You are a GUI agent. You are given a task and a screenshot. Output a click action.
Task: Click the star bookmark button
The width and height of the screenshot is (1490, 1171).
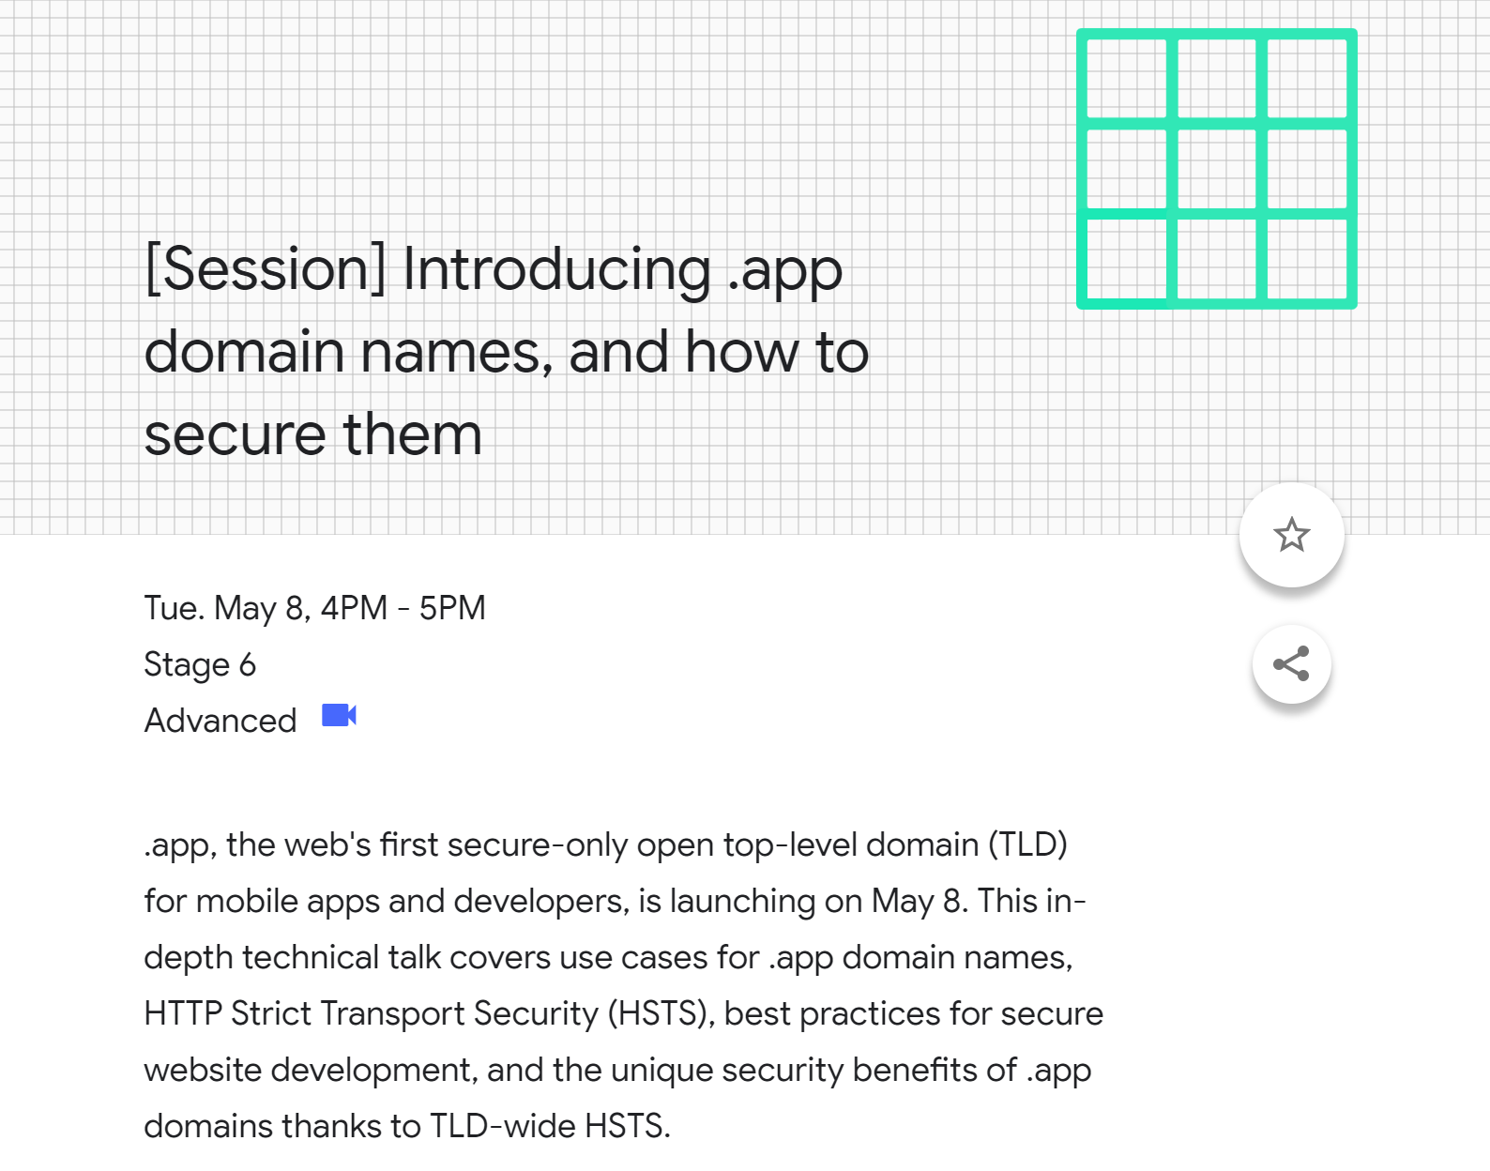coord(1291,535)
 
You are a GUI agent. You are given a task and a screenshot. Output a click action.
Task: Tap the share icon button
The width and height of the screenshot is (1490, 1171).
coord(1291,663)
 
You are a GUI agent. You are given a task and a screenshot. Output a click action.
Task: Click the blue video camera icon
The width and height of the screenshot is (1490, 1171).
coord(339,715)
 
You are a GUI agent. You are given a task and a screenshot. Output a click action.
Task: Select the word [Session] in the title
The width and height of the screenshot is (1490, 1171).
coord(266,269)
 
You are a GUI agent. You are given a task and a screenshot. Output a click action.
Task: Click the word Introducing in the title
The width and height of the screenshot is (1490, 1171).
coord(556,271)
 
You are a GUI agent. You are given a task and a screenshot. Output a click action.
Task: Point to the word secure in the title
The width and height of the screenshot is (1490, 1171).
coord(235,435)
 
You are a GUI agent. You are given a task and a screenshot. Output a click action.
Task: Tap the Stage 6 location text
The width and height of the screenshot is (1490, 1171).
coord(200,664)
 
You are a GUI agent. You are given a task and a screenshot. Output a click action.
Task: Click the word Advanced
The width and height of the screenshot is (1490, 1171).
coord(220,721)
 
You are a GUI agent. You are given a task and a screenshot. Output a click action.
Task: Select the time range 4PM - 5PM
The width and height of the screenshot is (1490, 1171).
coord(403,607)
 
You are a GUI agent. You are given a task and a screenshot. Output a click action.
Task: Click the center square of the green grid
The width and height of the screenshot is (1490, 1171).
coord(1216,169)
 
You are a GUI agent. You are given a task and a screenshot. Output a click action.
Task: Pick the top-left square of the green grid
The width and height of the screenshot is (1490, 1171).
coord(1127,78)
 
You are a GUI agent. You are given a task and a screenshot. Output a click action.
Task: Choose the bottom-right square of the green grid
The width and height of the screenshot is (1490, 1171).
coord(1307,259)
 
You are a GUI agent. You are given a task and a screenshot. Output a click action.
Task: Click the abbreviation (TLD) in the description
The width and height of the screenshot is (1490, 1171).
coord(1027,844)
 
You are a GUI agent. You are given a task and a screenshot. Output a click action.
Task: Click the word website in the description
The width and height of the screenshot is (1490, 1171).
coord(203,1071)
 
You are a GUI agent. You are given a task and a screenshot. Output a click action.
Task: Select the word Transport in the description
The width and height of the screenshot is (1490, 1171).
coord(392,1014)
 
